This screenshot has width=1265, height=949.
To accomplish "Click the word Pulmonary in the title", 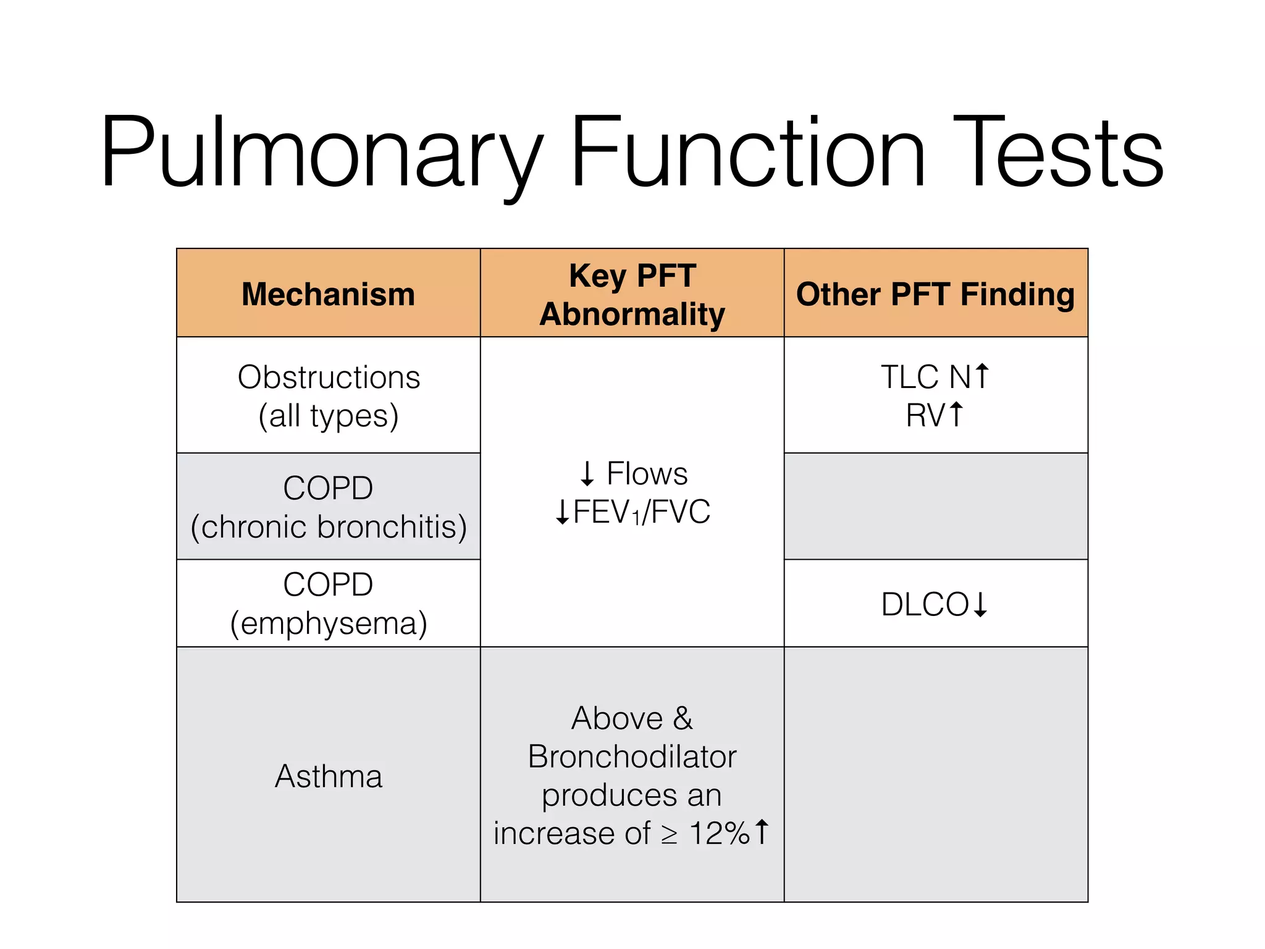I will [x=321, y=153].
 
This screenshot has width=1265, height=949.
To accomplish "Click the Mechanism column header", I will [x=328, y=294].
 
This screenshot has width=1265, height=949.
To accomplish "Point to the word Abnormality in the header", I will [x=632, y=314].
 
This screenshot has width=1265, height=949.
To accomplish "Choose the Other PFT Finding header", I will [x=935, y=294].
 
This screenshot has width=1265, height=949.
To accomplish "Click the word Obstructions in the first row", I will [x=329, y=377].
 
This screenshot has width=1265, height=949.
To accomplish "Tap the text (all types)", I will [x=329, y=416].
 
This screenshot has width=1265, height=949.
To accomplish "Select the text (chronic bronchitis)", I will [x=329, y=527].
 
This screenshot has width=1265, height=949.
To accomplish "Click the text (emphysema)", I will [x=329, y=623].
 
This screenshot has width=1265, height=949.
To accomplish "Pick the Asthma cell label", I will [x=329, y=776].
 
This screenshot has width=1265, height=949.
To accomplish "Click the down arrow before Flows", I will [x=587, y=474].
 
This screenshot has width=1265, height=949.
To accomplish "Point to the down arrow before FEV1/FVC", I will [x=562, y=512].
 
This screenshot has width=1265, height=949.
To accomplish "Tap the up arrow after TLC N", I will [x=982, y=376].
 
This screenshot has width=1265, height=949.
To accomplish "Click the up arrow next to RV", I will [x=956, y=415].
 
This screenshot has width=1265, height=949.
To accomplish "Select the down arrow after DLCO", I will [x=980, y=604].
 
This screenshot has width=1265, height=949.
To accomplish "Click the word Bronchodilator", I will [x=632, y=756].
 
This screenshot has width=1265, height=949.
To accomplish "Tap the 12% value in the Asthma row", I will [x=719, y=833].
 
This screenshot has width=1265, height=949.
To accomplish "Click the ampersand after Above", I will [x=683, y=718].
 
